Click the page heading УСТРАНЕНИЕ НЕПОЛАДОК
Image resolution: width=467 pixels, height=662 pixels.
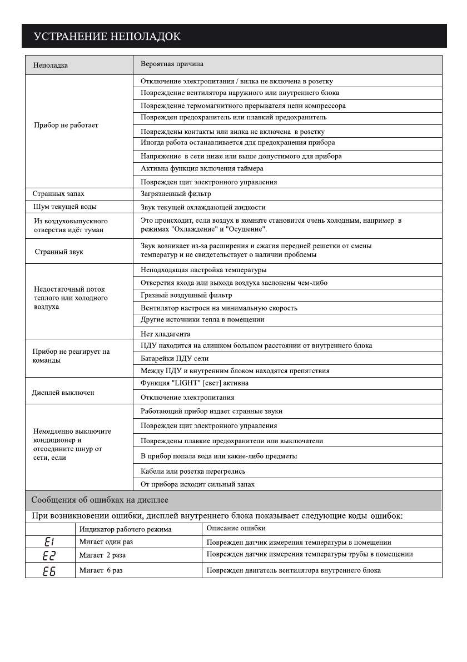[107, 37]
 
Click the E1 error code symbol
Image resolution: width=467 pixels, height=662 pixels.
[49, 542]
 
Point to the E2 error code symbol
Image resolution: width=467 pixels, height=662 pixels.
[49, 555]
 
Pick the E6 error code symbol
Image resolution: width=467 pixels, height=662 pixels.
[49, 570]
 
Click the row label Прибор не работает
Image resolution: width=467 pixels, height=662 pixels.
[66, 125]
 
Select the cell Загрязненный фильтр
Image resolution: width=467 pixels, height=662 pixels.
[176, 194]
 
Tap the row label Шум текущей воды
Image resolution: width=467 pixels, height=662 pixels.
[65, 207]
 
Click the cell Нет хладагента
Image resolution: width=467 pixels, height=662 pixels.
[165, 334]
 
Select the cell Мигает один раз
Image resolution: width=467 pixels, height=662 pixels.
[106, 542]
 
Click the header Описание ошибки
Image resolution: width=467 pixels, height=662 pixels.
[236, 528]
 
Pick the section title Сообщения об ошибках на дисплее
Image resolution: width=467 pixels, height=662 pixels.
[100, 500]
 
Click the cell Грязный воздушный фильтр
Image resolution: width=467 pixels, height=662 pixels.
[186, 295]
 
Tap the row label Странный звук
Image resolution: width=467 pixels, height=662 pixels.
[59, 252]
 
